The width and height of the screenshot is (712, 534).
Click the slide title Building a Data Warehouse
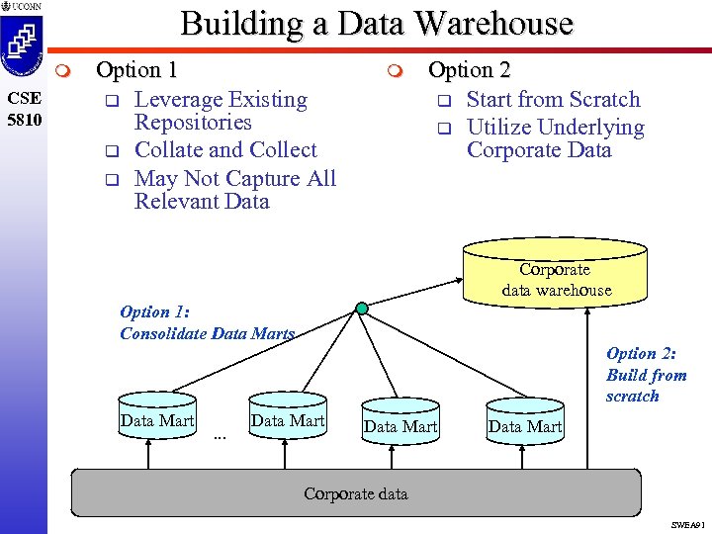(377, 23)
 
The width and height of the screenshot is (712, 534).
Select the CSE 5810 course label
(23, 109)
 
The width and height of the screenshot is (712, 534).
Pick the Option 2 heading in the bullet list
(469, 70)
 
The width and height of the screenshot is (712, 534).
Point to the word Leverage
(178, 99)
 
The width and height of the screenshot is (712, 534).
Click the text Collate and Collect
(225, 150)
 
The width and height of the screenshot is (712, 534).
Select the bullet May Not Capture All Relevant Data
(234, 189)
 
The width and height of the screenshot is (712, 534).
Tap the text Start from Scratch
(553, 99)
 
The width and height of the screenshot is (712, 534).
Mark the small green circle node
(363, 309)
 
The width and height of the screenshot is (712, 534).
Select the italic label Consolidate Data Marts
(208, 333)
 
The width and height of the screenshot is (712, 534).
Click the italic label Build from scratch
(646, 375)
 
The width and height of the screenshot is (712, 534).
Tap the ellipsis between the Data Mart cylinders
(220, 436)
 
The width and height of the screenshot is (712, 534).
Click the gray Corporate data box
(356, 491)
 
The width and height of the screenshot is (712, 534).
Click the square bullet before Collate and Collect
(112, 151)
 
